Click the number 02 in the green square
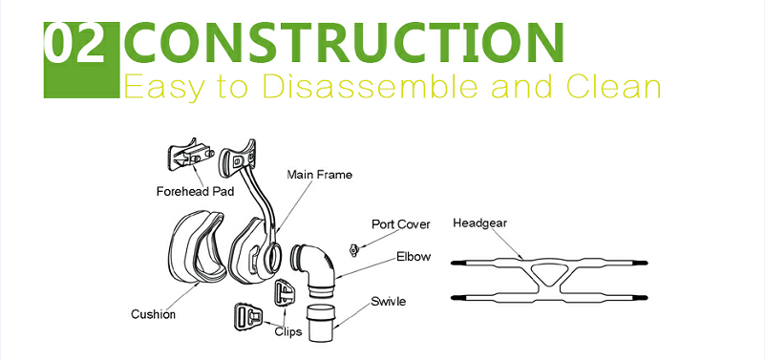pos(75,44)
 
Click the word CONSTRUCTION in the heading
pos(345,44)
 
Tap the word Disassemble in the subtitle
pos(373,86)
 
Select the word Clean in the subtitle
pos(613,86)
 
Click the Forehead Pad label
pos(195,191)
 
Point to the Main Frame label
pos(319,174)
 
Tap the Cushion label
pos(153,314)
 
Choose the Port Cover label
pos(401,224)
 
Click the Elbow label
pos(414,256)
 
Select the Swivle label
pos(388,302)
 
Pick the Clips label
pos(287,331)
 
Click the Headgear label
pos(480,223)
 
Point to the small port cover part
pos(354,250)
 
